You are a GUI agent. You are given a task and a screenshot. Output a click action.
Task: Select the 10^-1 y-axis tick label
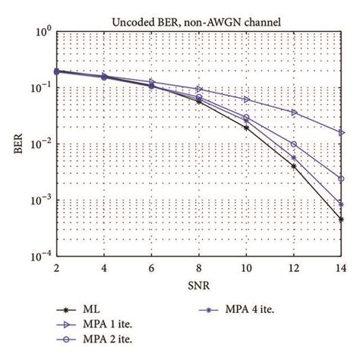pyautogui.click(x=41, y=89)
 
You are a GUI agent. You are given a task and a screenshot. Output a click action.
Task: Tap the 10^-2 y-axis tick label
pyautogui.click(x=41, y=145)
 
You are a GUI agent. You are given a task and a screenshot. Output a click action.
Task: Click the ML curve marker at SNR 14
pyautogui.click(x=341, y=219)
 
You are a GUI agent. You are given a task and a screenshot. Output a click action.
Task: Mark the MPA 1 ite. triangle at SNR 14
pyautogui.click(x=341, y=133)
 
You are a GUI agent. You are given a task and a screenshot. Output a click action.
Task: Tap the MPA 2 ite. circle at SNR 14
pyautogui.click(x=341, y=179)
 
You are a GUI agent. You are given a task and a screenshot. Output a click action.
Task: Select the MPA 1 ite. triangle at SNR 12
pyautogui.click(x=294, y=112)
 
